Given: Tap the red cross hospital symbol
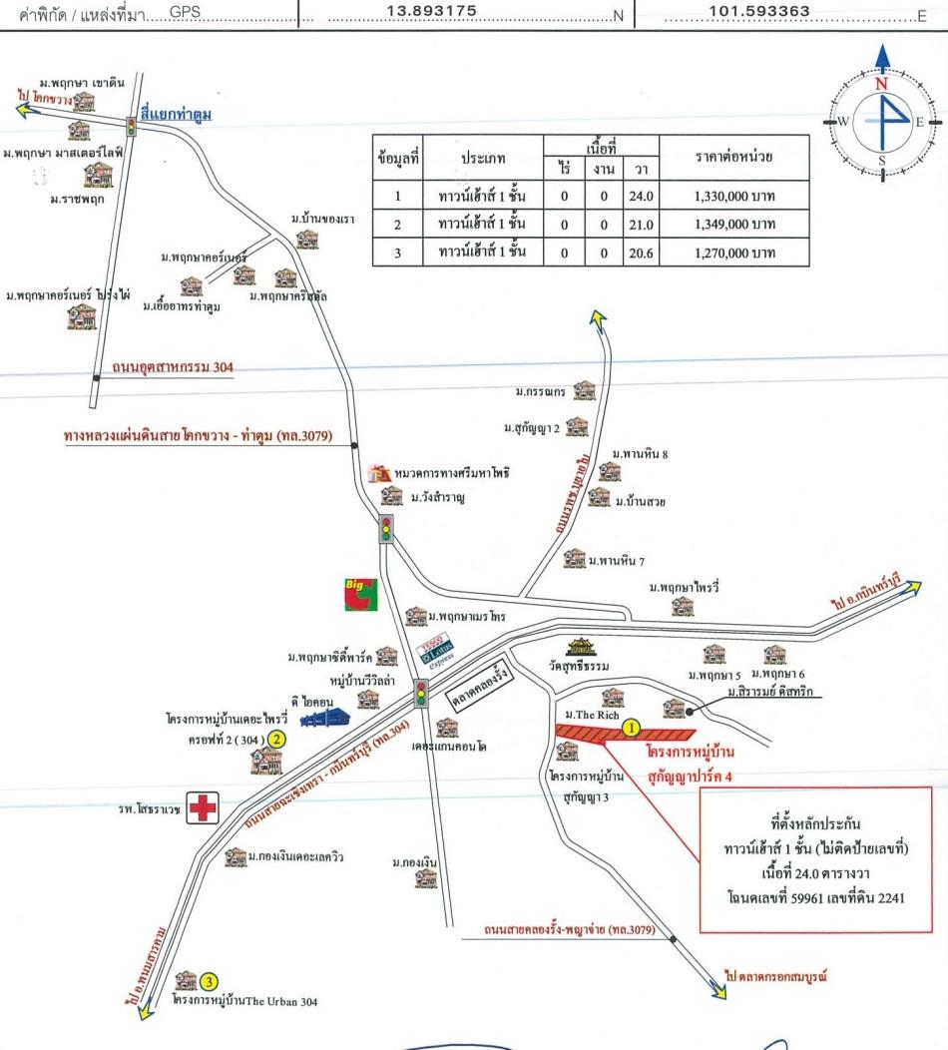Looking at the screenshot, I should tap(204, 807).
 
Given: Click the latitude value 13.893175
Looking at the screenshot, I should tap(431, 12).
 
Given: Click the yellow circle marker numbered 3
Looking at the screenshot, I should tap(210, 980).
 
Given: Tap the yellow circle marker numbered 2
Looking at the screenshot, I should tap(278, 740).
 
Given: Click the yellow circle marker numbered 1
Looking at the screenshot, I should tap(631, 729).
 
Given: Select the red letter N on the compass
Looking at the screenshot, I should tap(881, 85).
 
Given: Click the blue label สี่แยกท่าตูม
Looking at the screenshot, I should tap(177, 116).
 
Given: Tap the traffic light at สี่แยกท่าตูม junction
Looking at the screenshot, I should tap(131, 126).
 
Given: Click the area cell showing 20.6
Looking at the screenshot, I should tap(639, 253).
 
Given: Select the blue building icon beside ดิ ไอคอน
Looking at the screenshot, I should tap(326, 717).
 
